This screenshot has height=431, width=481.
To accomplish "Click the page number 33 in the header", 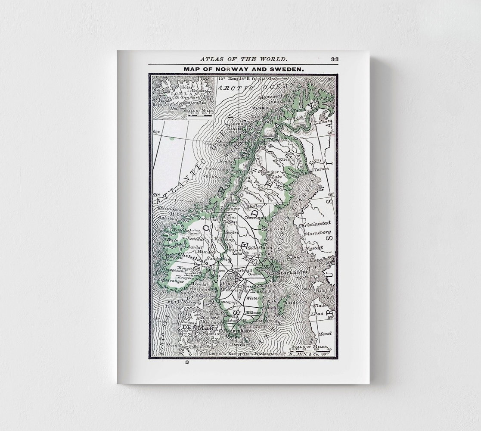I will coord(335,59).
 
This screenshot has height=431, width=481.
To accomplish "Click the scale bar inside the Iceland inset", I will coord(196,116).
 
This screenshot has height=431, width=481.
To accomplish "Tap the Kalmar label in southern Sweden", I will coord(252,311).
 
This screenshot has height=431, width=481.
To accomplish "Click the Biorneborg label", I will coord(318,234).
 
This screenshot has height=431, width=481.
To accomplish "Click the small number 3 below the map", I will coord(187,363).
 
